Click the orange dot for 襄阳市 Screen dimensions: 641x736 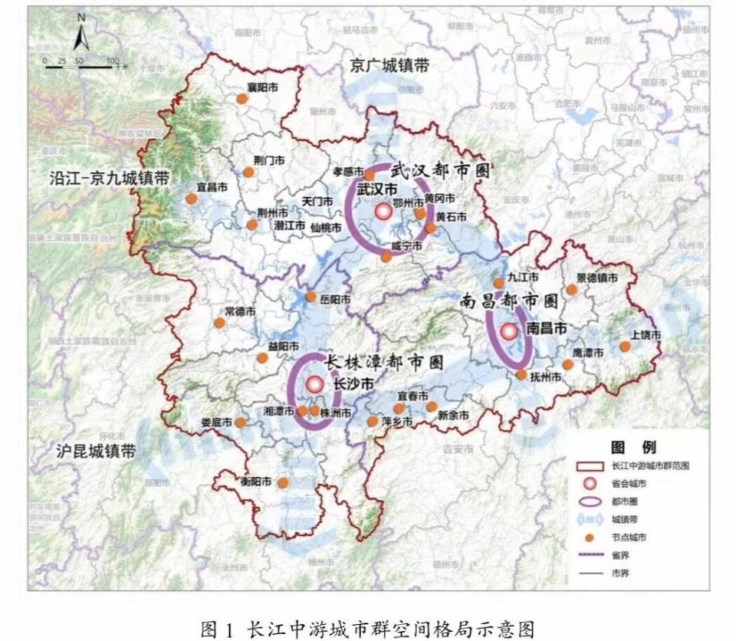point(242,99)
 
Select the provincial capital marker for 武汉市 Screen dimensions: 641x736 point(383,212)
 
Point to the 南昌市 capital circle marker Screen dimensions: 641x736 point(509,332)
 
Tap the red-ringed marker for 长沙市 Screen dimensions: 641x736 point(314,385)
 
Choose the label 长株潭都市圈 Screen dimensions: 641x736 point(384,363)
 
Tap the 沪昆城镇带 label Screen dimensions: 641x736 point(95,451)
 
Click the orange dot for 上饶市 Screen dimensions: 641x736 point(625,347)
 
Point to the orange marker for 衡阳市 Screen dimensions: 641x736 point(283,482)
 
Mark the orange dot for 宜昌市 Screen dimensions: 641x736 point(191,199)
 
